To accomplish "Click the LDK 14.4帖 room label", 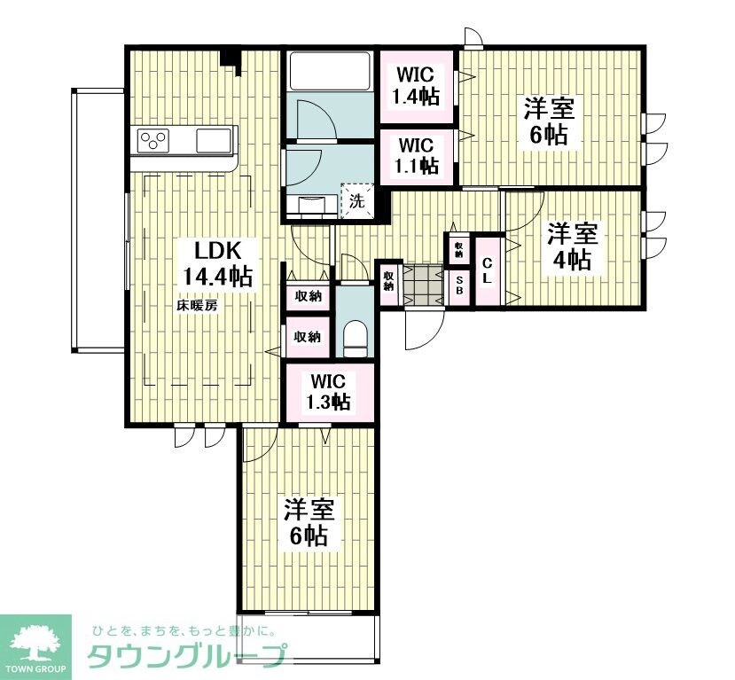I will click(x=217, y=262).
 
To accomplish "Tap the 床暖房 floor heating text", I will click(x=198, y=305).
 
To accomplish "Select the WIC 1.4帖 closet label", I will click(x=417, y=86).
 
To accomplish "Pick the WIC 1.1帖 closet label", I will click(x=417, y=154).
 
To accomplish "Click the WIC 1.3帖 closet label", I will click(x=329, y=393).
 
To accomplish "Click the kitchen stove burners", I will click(x=152, y=140).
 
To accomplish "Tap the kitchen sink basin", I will click(x=213, y=140).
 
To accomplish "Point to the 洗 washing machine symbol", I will click(x=356, y=200).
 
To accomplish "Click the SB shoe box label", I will click(x=459, y=285).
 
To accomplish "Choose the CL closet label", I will click(x=487, y=270).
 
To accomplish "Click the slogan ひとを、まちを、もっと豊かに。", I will click(x=181, y=631).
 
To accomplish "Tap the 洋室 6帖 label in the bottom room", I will click(x=308, y=522).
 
